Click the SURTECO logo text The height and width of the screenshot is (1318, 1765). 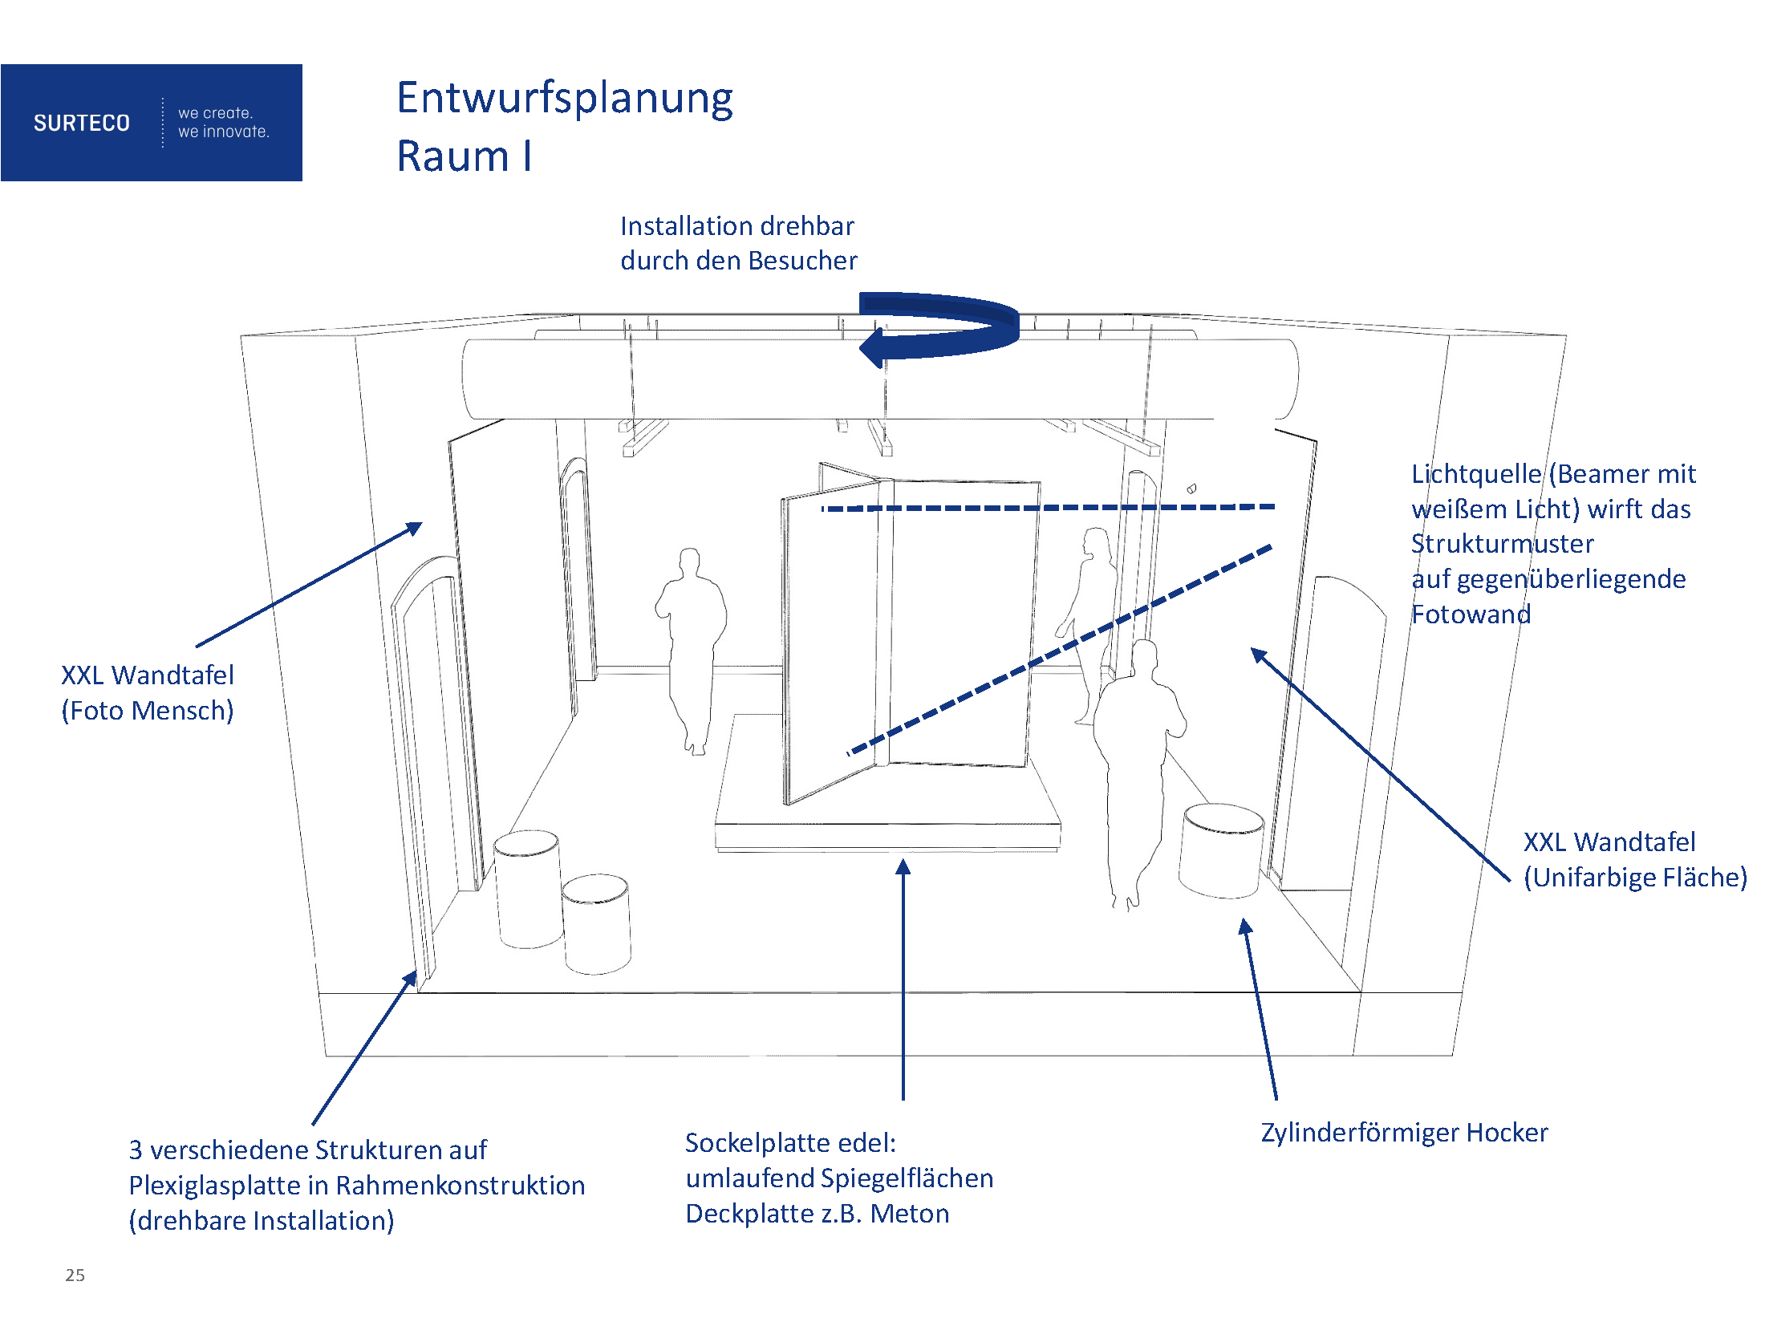pos(81,123)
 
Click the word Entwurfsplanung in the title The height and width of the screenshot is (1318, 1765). pos(565,99)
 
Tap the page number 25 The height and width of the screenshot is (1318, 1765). pos(75,1275)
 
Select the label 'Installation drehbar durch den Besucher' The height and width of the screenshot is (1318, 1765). pos(738,243)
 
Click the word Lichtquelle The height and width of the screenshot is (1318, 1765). pos(1475,474)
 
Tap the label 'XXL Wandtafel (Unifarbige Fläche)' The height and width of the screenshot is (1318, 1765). pos(1634,859)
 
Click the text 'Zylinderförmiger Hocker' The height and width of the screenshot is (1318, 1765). pos(1404,1132)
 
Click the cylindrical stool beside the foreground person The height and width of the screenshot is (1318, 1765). pos(1221,850)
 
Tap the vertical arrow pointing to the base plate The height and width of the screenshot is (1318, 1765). pos(903,979)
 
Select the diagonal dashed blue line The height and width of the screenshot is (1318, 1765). pos(1059,650)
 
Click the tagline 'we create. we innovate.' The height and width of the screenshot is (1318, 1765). pos(223,123)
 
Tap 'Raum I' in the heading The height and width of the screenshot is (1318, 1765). pos(464,156)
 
